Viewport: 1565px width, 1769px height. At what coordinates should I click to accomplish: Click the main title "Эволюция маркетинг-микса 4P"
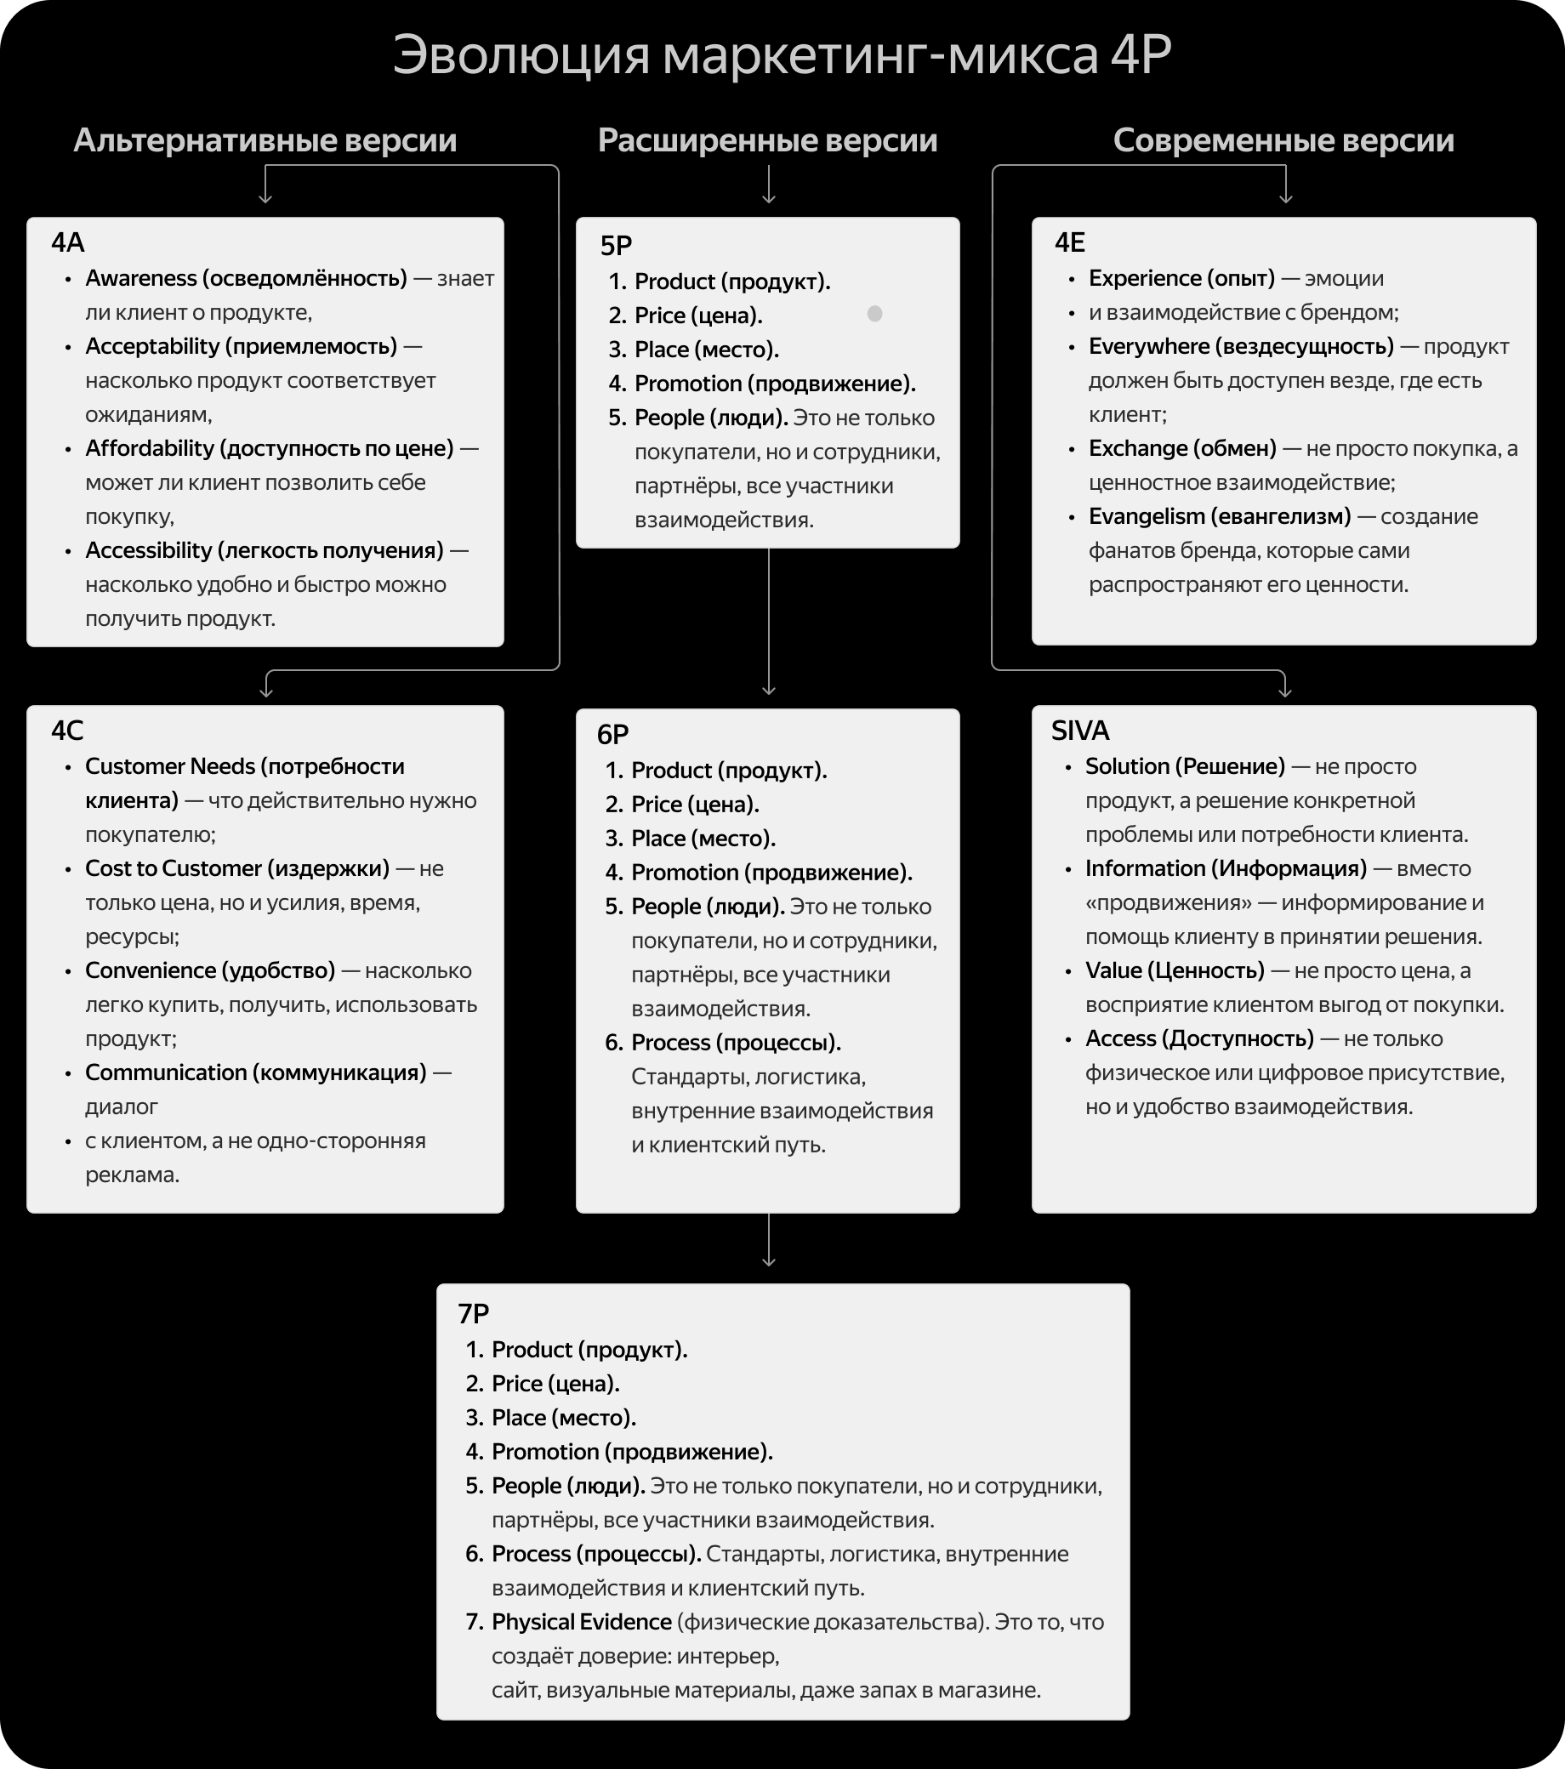coord(782,55)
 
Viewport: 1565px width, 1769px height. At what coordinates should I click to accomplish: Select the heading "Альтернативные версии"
coord(265,140)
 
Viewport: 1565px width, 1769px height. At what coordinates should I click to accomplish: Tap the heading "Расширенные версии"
coord(767,140)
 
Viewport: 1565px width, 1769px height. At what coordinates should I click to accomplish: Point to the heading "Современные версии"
coord(1283,140)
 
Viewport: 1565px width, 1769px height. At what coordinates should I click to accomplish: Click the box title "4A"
coord(67,242)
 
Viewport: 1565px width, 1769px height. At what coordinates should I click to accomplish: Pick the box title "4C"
coord(67,731)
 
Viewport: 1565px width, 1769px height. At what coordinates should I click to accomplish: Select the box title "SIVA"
coord(1079,731)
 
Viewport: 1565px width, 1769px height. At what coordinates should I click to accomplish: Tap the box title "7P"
coord(474,1314)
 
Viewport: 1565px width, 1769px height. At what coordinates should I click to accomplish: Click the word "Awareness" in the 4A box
coord(141,278)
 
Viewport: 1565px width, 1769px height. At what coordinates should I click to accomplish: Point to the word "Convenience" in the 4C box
coord(141,970)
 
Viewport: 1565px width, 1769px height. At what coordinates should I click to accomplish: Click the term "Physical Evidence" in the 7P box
coord(582,1622)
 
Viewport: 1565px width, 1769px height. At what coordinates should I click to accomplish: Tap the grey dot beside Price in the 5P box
coord(874,313)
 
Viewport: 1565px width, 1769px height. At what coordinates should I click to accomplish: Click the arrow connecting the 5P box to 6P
coord(769,623)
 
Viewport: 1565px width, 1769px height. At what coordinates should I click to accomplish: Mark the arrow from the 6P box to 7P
coord(769,1241)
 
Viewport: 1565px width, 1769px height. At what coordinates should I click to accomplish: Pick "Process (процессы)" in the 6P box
coord(736,1042)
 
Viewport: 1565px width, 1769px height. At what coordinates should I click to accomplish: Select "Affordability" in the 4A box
coord(149,448)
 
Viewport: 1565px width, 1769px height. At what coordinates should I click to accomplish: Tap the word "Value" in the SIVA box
coord(1113,970)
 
